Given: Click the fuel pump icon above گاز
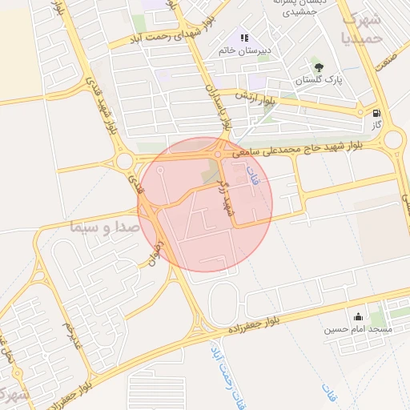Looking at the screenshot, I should [x=376, y=114].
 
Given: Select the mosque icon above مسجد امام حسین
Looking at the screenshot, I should [x=357, y=316].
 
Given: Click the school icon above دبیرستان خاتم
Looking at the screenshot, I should [x=245, y=38].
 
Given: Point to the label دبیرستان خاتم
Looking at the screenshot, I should [x=245, y=50].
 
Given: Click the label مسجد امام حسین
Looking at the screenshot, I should [x=357, y=329].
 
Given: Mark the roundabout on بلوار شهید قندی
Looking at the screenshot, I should [x=125, y=161].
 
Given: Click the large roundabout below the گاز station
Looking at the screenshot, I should [x=393, y=142].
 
